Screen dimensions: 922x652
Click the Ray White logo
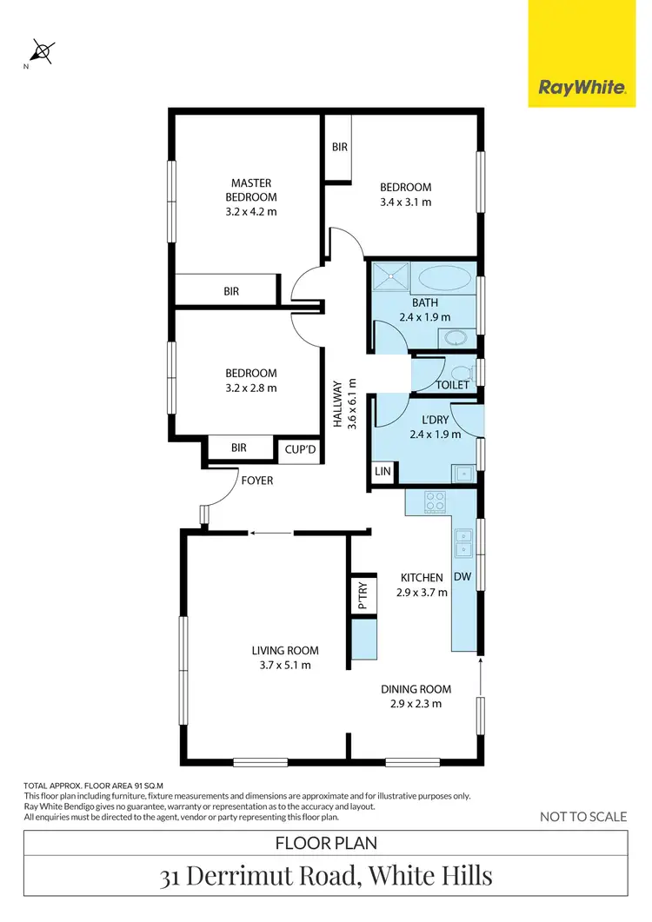[x=582, y=87]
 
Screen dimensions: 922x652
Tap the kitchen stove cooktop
[x=434, y=502]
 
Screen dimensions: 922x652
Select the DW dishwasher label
[x=462, y=576]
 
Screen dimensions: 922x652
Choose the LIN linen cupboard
[x=383, y=472]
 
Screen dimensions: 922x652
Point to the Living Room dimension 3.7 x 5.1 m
[x=285, y=666]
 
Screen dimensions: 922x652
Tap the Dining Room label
[x=416, y=689]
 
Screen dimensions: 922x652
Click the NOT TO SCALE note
[x=582, y=816]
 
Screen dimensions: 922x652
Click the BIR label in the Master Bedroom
[x=231, y=292]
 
